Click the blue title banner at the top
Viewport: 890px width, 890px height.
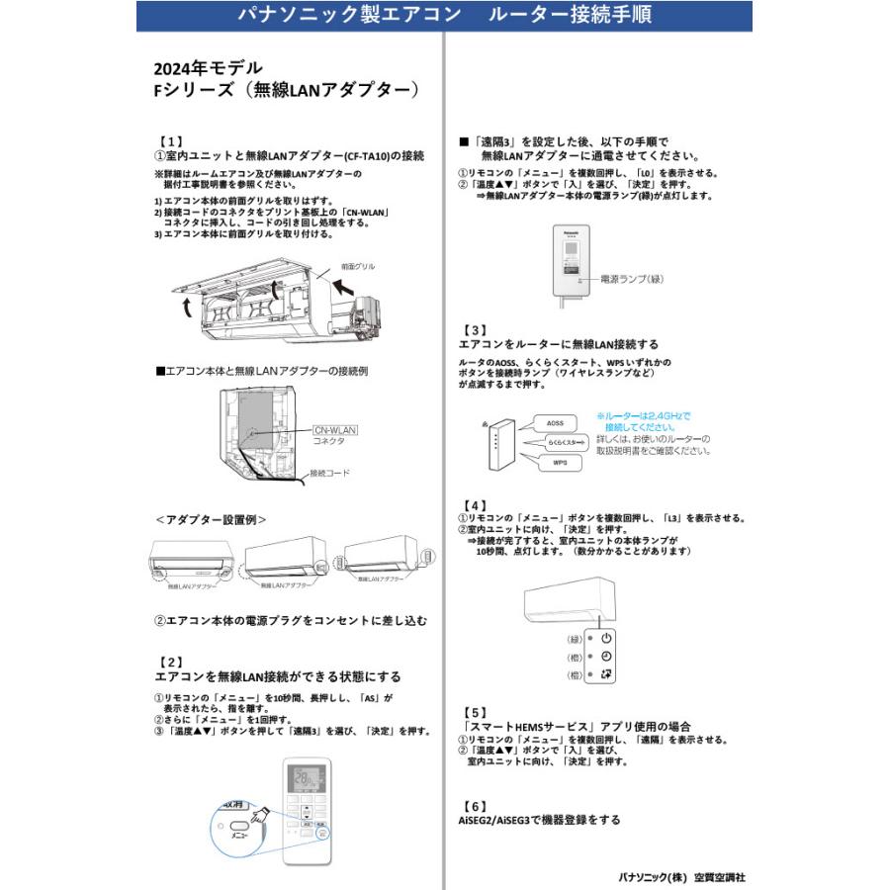click(x=444, y=17)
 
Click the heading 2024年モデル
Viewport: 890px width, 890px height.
click(x=208, y=68)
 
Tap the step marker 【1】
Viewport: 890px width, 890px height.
click(x=169, y=142)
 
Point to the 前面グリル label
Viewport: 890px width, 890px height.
click(x=357, y=267)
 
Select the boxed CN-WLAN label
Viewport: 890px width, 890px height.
click(x=334, y=430)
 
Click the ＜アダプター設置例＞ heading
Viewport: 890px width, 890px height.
click(x=211, y=519)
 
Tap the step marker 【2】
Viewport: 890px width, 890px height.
click(x=169, y=662)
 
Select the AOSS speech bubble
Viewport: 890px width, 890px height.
click(x=557, y=422)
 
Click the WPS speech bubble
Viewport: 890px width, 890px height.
click(x=560, y=462)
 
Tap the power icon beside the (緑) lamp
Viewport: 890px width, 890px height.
click(x=606, y=639)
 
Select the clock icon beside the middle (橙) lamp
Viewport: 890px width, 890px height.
click(x=606, y=657)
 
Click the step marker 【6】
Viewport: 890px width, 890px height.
click(x=475, y=805)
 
